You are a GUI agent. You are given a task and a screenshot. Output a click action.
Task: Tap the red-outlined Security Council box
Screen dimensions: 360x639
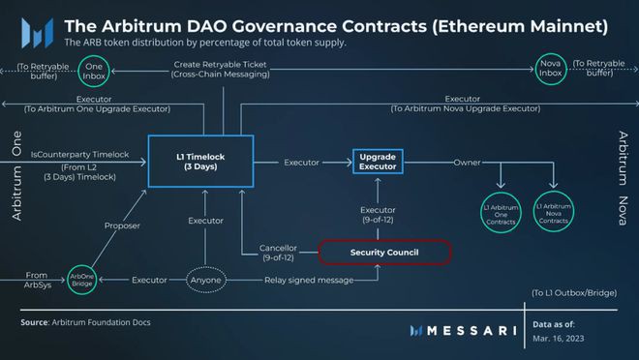(385, 252)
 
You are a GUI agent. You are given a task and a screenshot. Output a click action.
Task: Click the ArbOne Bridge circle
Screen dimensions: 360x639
(82, 280)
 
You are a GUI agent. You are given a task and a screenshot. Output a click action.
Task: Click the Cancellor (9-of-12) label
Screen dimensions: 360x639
(278, 252)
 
